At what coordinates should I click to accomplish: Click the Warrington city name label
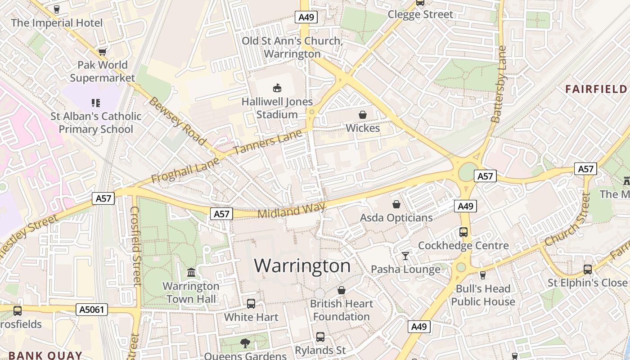coord(302,265)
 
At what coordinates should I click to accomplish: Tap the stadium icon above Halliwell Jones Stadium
coord(277,87)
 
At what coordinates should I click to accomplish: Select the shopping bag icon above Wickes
coord(363,115)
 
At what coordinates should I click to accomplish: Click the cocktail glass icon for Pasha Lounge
coord(405,256)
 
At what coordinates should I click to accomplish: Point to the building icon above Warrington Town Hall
coord(191,273)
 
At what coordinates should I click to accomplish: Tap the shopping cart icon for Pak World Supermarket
coord(102,52)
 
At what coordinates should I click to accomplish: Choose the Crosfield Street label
coord(135,246)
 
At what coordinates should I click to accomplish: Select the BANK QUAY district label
coord(45,355)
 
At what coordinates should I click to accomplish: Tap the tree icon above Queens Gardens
coord(245,343)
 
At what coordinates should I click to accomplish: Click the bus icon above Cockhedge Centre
coord(463,232)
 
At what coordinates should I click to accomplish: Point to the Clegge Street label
coord(420,14)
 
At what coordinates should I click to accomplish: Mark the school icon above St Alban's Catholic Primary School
coord(95,103)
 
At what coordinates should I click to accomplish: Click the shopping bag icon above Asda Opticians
coord(396,205)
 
